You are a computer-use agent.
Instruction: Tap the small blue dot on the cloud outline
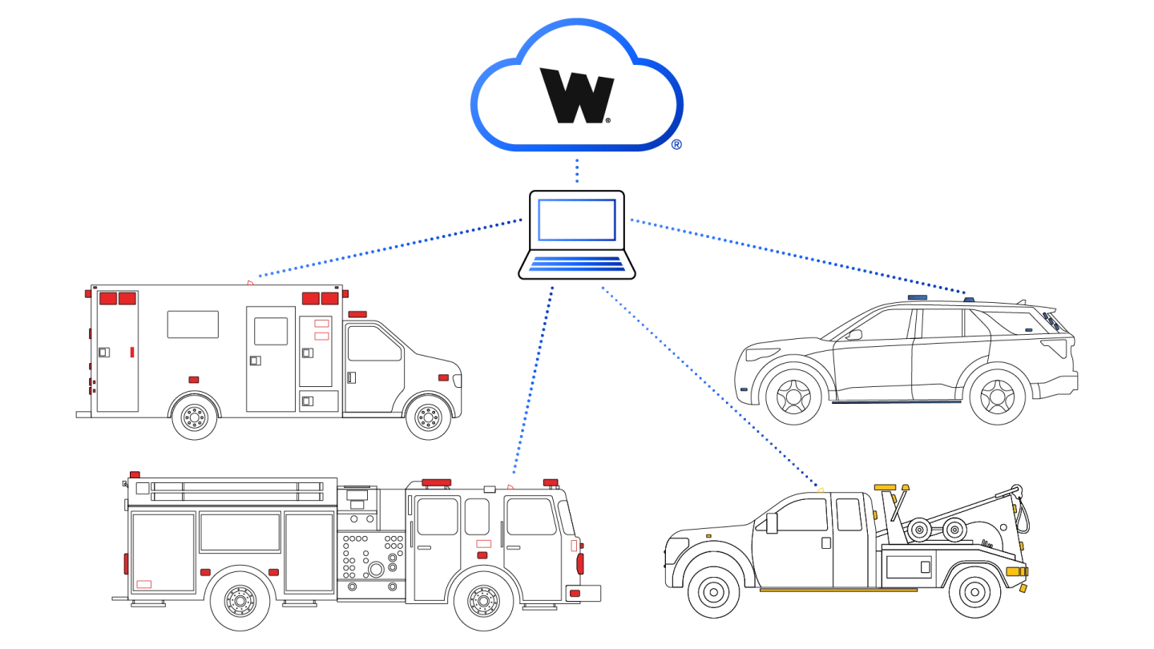pos(676,145)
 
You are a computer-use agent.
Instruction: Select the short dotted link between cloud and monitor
pos(576,170)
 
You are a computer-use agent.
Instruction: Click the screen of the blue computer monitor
pos(577,220)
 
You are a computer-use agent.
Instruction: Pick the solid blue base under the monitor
pos(577,266)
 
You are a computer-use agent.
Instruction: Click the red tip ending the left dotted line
pos(250,283)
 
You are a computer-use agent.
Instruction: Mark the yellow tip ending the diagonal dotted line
pos(821,490)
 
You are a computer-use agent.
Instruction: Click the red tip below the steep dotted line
pos(510,487)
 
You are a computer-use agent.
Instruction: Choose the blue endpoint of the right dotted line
pos(969,300)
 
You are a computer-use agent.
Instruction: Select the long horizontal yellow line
pos(838,591)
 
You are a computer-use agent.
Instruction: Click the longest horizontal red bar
pos(436,482)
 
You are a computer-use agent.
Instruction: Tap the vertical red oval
pos(580,563)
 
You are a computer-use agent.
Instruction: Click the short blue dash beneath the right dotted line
pos(918,298)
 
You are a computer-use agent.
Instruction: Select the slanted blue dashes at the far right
pos(1050,320)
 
